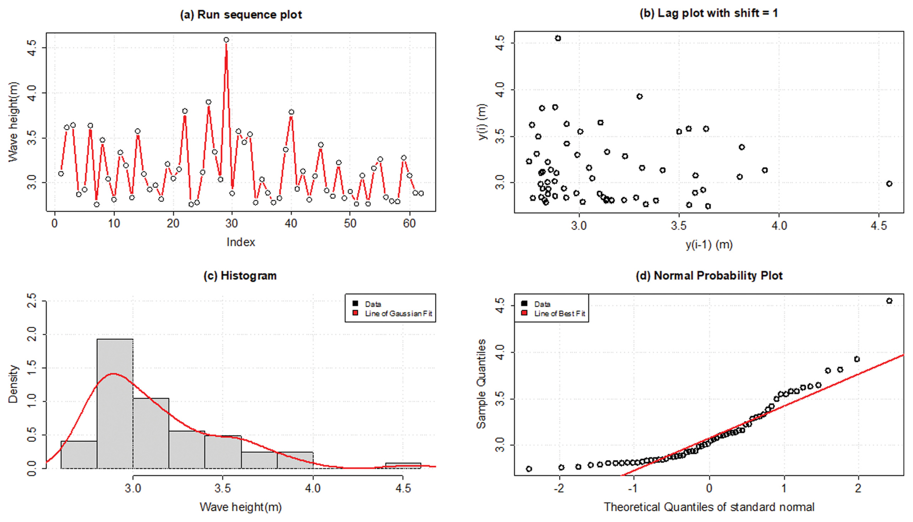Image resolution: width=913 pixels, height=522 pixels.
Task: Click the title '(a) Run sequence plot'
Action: (241, 15)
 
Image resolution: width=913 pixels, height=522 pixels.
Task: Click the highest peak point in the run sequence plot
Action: (226, 40)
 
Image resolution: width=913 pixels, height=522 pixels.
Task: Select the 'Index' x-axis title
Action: (241, 242)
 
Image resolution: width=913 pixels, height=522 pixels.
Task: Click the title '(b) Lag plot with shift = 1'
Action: (709, 13)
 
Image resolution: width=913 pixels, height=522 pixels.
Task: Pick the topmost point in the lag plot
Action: (558, 38)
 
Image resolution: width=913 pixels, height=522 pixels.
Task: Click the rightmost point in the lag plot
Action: (889, 183)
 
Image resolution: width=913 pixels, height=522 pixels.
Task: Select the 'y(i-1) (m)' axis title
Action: (709, 245)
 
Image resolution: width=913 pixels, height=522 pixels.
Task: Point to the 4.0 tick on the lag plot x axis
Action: (779, 226)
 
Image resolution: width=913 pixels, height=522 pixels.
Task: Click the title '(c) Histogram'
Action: (240, 276)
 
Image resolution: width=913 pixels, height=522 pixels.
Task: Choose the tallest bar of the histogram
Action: (115, 403)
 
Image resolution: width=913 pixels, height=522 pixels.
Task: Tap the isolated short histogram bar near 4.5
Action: (403, 465)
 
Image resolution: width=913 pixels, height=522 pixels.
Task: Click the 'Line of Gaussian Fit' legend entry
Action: (398, 314)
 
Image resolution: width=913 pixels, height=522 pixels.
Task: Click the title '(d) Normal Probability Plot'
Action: (709, 276)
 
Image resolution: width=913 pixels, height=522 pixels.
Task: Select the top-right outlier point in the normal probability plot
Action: (889, 301)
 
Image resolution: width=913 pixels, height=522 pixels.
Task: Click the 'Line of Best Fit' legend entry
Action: (559, 314)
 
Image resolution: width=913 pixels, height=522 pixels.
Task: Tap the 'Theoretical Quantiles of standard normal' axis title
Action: (709, 507)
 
